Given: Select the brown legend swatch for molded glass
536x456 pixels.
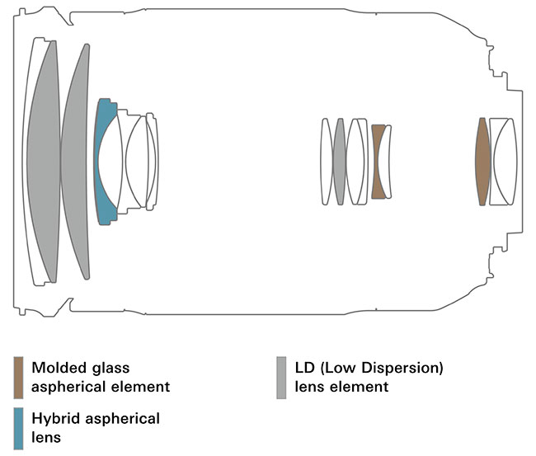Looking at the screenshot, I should click(18, 377).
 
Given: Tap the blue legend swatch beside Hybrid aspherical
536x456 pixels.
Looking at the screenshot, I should click(18, 428).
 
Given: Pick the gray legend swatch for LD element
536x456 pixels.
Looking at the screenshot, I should click(281, 377).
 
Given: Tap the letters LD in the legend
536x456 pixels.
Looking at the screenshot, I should click(304, 368).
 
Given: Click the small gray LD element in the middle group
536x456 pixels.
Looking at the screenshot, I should click(339, 161).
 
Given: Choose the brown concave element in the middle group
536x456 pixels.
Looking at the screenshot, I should click(378, 161).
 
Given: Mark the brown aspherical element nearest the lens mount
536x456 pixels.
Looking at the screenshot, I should click(482, 161).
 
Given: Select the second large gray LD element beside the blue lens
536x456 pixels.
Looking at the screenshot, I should click(78, 161).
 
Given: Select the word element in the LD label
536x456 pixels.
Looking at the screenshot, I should click(360, 386).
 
